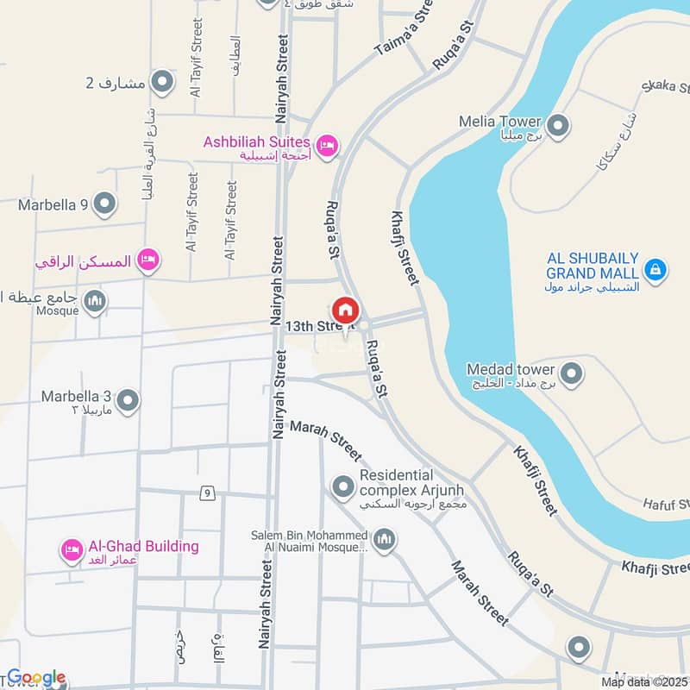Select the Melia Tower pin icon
point(558,127)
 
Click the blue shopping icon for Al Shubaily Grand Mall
point(655,270)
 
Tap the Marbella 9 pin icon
point(105,204)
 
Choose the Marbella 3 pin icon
point(128,401)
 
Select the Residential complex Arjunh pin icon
point(343,487)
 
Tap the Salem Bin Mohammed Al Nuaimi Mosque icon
point(384,540)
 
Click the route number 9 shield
point(207,493)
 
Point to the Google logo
point(35,678)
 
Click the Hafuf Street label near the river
point(667,501)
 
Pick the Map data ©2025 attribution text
point(645,682)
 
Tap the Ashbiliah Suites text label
point(256,141)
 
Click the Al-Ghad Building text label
point(141,546)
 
